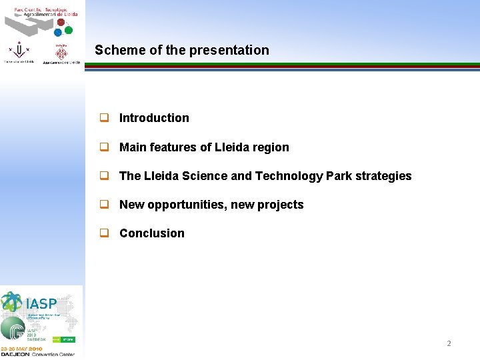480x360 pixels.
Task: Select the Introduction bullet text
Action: (154, 118)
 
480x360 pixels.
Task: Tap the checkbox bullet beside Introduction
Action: (104, 118)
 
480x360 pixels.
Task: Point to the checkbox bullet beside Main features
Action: (104, 147)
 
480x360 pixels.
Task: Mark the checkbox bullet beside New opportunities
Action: (104, 205)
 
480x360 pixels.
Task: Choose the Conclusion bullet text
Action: (152, 233)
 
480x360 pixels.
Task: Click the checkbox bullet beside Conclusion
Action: (104, 233)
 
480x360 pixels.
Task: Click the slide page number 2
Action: (449, 343)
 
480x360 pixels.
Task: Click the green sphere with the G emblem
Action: (12, 328)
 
